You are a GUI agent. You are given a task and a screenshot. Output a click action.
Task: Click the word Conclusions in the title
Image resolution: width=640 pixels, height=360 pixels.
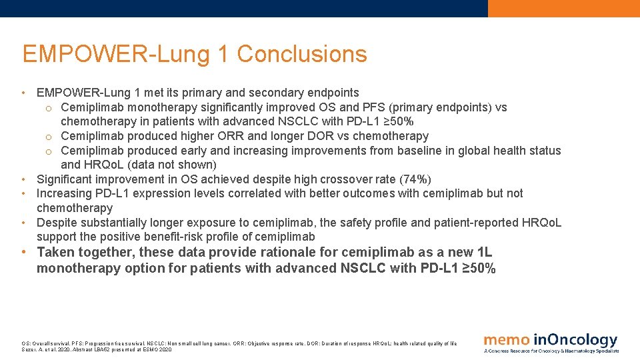302,54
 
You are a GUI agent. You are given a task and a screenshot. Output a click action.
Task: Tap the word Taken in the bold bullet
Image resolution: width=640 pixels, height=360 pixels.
55,252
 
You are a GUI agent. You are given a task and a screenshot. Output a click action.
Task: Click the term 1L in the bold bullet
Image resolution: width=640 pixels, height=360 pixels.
485,252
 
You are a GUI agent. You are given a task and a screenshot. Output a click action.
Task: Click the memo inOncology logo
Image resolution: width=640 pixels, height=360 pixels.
551,341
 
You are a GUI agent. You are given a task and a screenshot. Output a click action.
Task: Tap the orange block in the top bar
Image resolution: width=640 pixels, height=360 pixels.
563,8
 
